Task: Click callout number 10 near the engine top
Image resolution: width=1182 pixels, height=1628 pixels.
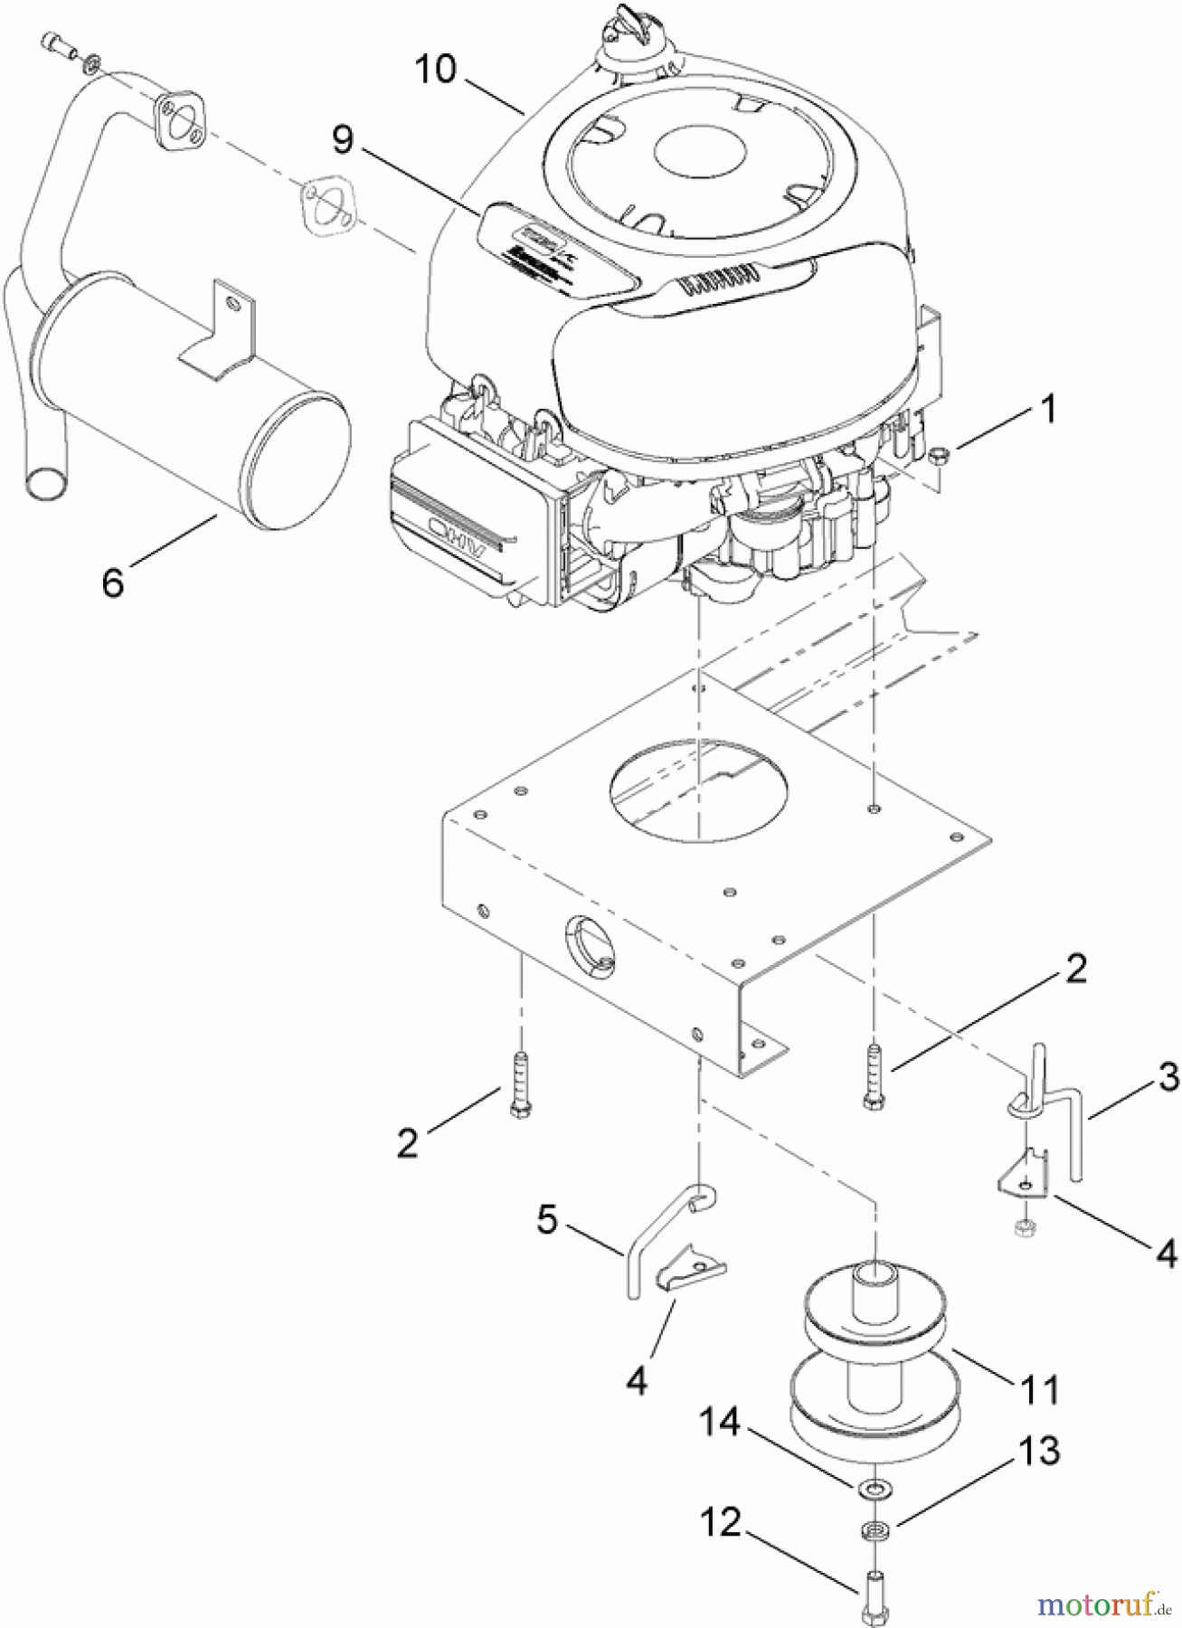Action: [x=436, y=69]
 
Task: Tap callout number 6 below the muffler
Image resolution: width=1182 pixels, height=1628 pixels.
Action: [x=112, y=582]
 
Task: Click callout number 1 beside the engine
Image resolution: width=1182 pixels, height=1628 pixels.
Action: [x=1047, y=410]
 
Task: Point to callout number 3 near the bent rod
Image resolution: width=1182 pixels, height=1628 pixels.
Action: [x=1168, y=1076]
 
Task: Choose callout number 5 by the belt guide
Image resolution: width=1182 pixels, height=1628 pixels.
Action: [x=546, y=1220]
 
